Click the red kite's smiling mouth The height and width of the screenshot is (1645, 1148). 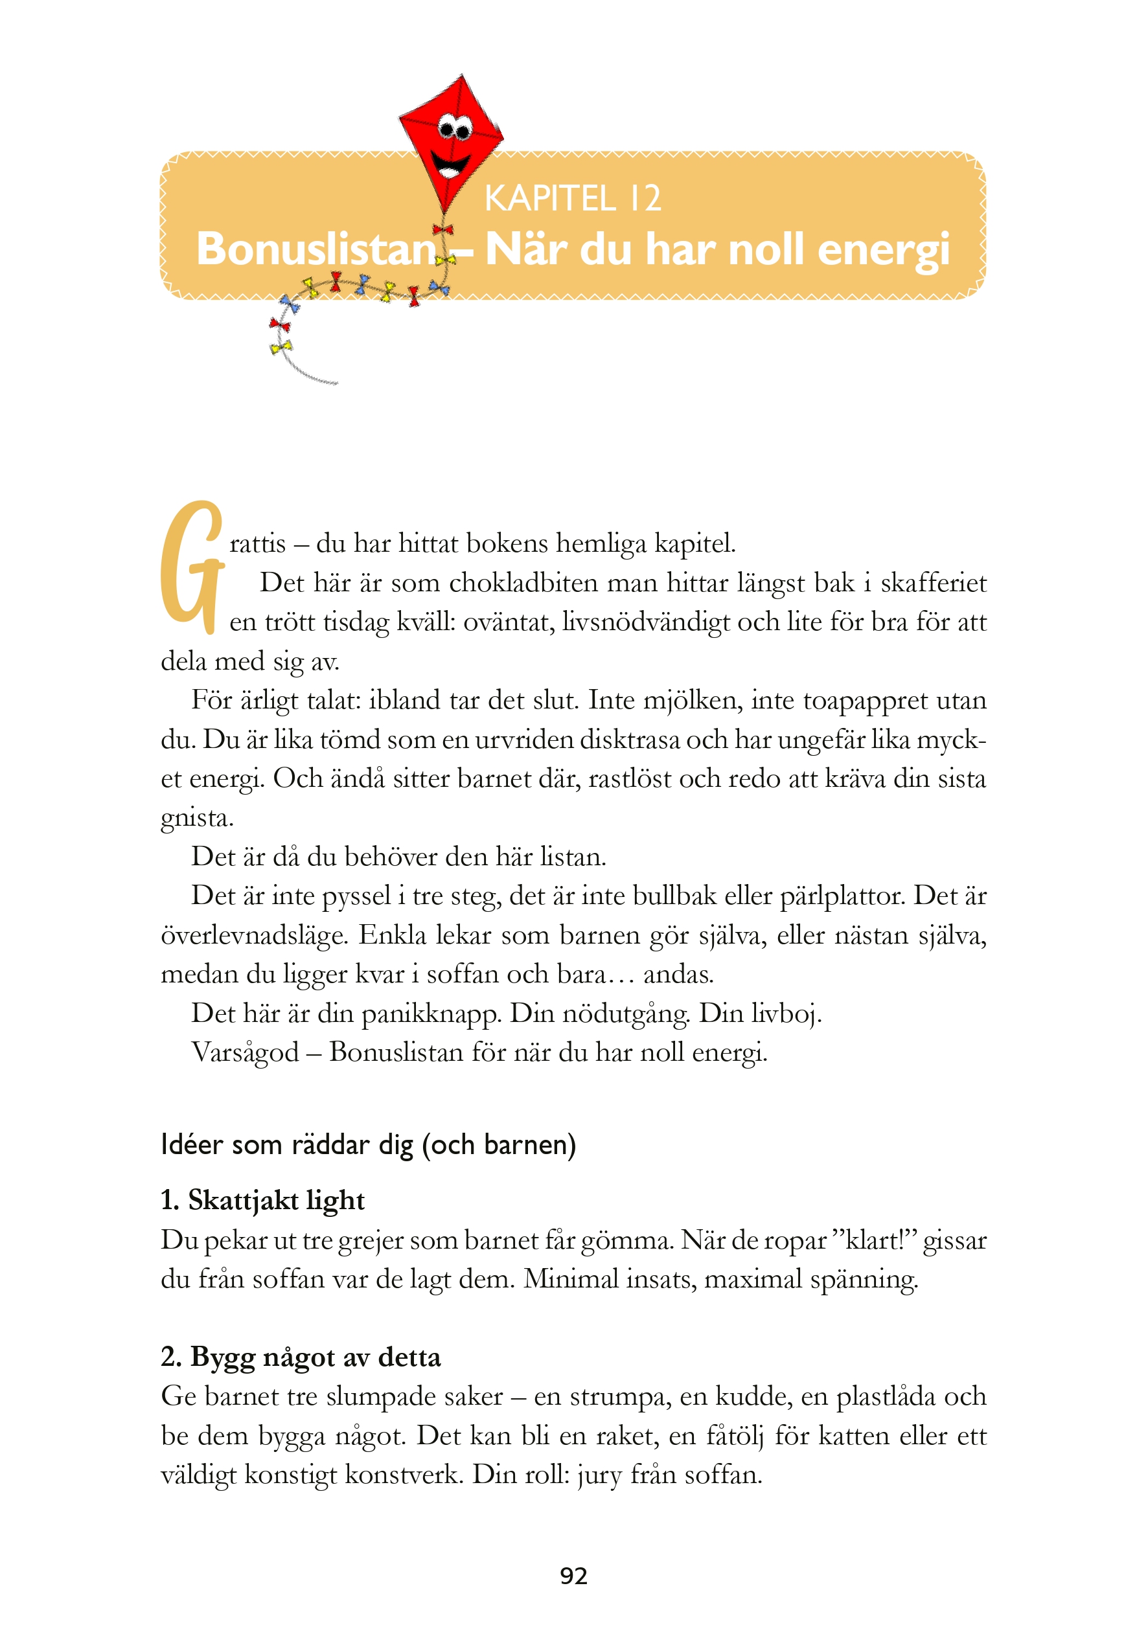tap(453, 166)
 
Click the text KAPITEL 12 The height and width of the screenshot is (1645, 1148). tap(573, 198)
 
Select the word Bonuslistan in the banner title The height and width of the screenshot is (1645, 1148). tap(316, 249)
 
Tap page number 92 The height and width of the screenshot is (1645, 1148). tap(573, 1576)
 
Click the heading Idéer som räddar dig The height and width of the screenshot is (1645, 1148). tap(369, 1144)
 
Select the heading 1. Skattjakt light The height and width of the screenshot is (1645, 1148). tap(262, 1200)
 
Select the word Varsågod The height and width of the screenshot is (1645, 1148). tap(245, 1052)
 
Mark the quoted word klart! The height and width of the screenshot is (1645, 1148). tap(873, 1240)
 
